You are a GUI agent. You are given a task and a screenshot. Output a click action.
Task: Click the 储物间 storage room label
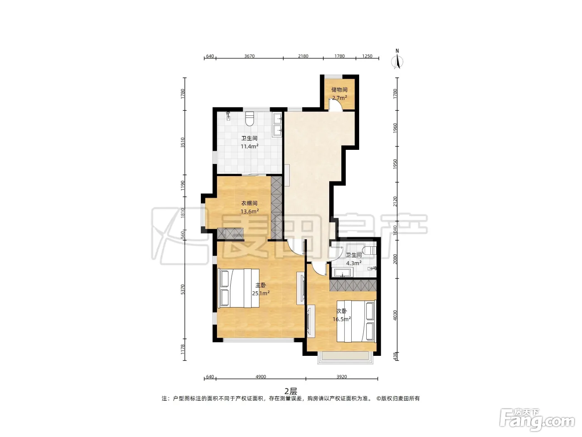339,89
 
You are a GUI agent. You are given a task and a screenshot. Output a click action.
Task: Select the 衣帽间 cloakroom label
249,203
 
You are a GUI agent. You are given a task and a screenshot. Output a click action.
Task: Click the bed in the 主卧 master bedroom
238,288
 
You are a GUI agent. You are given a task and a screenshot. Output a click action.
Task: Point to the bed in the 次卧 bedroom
356,321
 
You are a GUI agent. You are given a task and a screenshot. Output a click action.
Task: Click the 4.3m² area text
354,263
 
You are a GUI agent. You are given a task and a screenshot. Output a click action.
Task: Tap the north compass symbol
397,60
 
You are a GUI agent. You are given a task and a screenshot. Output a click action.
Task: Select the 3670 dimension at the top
249,56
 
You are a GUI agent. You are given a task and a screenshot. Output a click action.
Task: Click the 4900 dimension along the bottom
261,377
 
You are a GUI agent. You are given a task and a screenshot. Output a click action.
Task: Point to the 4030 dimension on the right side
395,315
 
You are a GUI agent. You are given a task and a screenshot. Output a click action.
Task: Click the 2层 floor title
291,391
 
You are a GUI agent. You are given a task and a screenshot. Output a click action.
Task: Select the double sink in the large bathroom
278,124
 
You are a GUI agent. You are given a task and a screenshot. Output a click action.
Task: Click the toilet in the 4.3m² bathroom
369,251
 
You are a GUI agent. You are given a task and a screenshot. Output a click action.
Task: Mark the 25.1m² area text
261,293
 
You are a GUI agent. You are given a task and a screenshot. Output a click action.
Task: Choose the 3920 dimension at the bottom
342,377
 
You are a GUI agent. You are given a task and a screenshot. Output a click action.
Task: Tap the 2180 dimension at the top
303,56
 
